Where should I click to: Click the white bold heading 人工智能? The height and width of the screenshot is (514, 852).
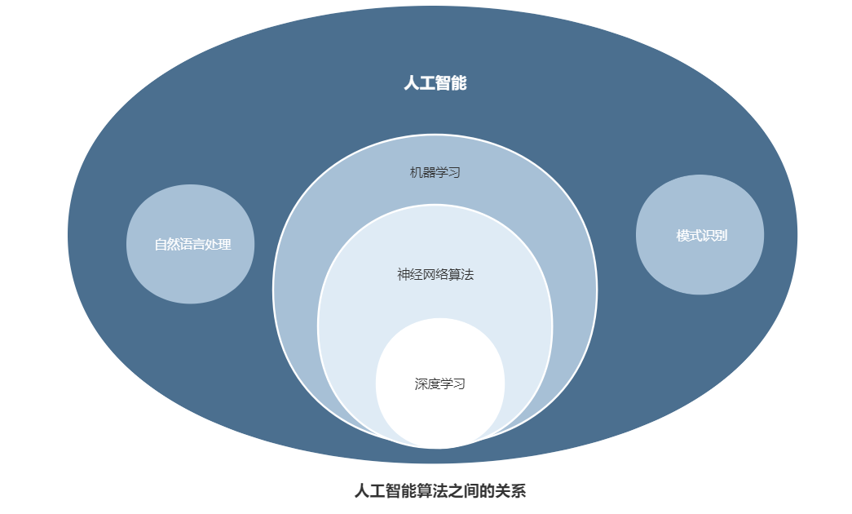pos(435,83)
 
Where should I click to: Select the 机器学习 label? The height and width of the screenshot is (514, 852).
pos(435,173)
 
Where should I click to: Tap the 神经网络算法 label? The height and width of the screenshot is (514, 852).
pos(435,275)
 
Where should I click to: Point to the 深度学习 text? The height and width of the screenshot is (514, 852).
pos(440,384)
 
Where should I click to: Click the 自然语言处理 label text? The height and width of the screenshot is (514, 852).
pos(193,245)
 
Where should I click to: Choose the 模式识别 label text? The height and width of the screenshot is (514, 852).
pos(701,236)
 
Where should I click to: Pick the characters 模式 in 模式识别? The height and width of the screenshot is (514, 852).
pos(689,236)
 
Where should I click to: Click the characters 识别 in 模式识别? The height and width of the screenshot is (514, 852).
pos(714,236)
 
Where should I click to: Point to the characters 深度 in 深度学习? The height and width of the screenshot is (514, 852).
pos(427,384)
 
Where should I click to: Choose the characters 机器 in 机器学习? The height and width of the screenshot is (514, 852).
pos(422,173)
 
